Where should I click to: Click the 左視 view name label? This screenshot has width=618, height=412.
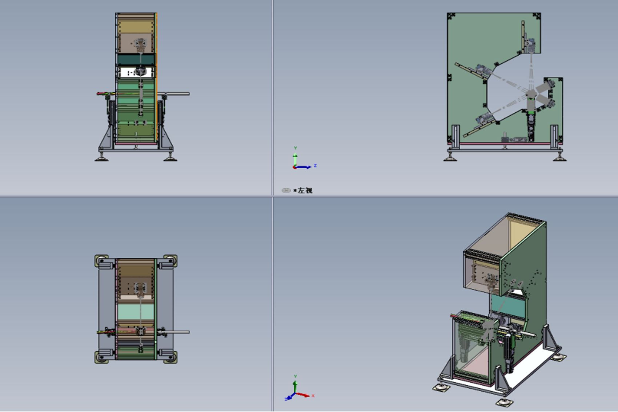tap(305, 191)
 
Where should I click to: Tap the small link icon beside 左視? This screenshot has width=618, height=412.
tap(286, 191)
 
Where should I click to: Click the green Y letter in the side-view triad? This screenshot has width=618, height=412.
tap(295, 148)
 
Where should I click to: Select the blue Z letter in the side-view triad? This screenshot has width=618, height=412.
tap(315, 165)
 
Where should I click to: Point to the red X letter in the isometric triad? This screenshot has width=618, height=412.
tap(313, 396)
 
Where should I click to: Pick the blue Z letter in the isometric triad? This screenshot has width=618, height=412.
tap(286, 399)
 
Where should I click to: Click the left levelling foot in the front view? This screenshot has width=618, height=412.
tap(101, 159)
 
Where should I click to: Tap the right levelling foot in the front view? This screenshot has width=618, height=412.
tap(170, 159)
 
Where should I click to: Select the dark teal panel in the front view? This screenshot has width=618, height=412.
tap(136, 60)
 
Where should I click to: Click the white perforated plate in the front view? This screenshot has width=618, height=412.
tap(136, 72)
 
